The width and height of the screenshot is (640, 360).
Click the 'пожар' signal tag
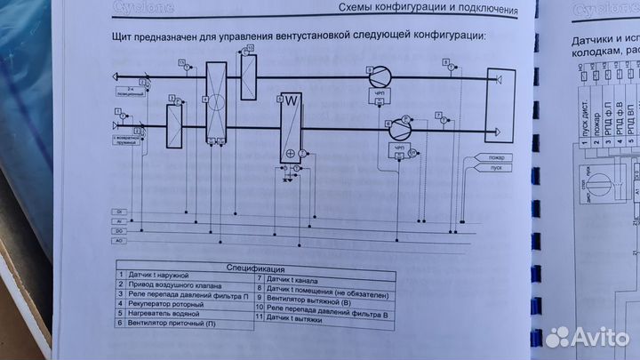pyautogui.click(x=470, y=157)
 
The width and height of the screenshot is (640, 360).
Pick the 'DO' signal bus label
pyautogui.click(x=118, y=230)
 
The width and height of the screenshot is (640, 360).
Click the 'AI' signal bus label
pyautogui.click(x=118, y=220)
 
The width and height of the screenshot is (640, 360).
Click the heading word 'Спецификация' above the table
pyautogui.click(x=254, y=268)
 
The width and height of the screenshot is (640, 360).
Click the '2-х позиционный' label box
pyautogui.click(x=129, y=92)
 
